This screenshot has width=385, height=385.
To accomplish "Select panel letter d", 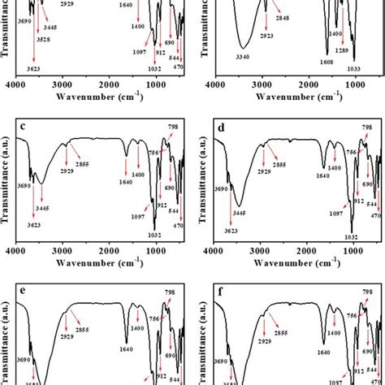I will click(220, 127).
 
